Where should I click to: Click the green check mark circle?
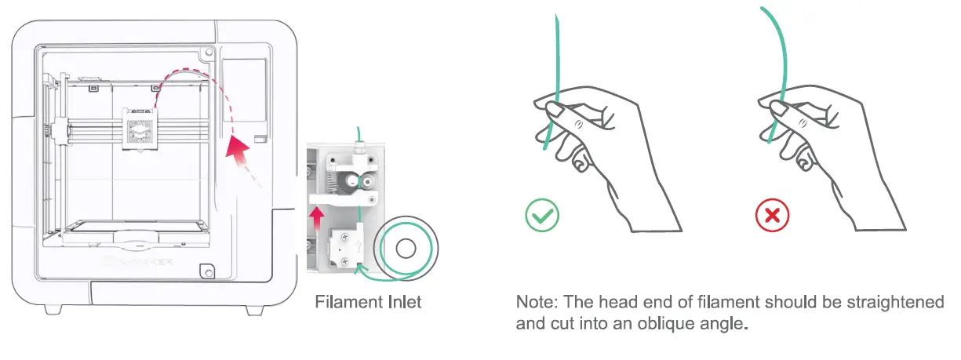[x=542, y=215]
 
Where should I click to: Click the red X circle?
[x=772, y=215]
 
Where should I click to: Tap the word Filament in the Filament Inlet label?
[x=343, y=301]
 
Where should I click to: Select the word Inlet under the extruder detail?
[x=399, y=301]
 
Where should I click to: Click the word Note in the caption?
[x=534, y=302]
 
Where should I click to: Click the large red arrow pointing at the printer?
[x=238, y=149]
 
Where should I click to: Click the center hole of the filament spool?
[x=406, y=250]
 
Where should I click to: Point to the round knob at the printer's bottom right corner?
[x=206, y=271]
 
